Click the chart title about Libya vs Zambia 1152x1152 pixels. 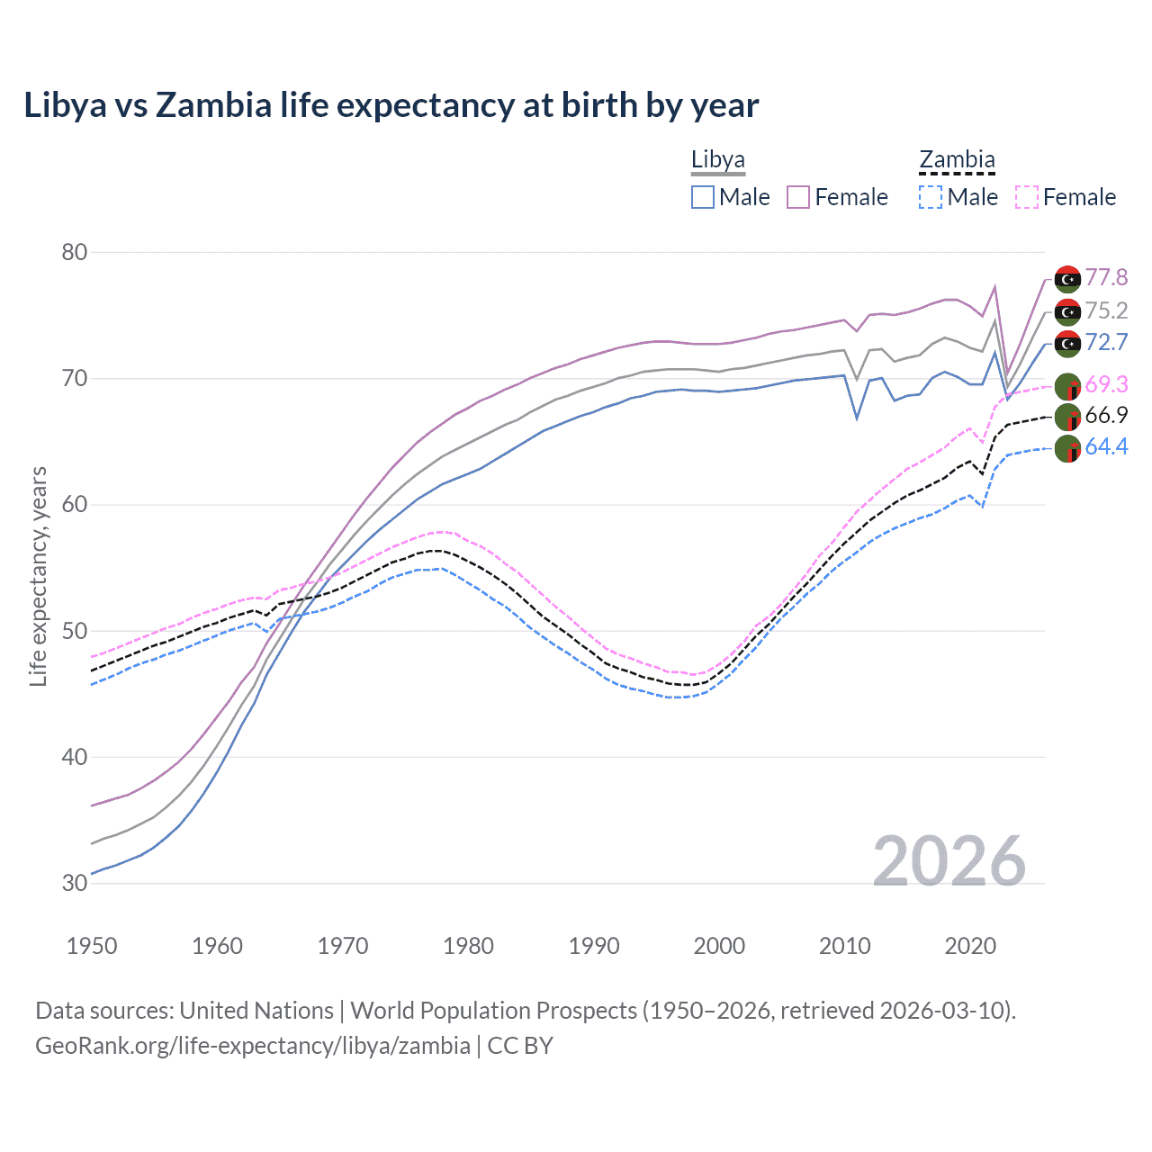391,105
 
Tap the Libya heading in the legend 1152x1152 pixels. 717,160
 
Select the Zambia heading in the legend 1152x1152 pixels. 957,160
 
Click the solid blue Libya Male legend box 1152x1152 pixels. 703,197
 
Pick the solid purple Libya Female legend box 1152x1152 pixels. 798,197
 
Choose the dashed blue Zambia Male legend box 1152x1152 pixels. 931,197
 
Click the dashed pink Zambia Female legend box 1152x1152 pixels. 1026,197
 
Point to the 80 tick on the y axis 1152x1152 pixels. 74,252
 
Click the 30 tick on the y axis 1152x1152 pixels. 74,883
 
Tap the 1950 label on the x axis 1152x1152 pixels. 92,946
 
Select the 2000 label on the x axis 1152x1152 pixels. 719,946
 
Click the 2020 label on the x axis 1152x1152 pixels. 970,946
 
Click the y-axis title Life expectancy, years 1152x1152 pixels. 38,576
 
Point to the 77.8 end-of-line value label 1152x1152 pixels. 1106,278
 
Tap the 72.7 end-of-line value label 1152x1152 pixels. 1106,343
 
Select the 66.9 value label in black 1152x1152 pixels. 1106,416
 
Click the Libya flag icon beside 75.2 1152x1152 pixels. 1067,311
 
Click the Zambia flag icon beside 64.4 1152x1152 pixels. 1067,448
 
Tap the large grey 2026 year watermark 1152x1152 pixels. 949,861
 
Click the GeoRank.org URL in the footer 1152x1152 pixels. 252,1046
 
